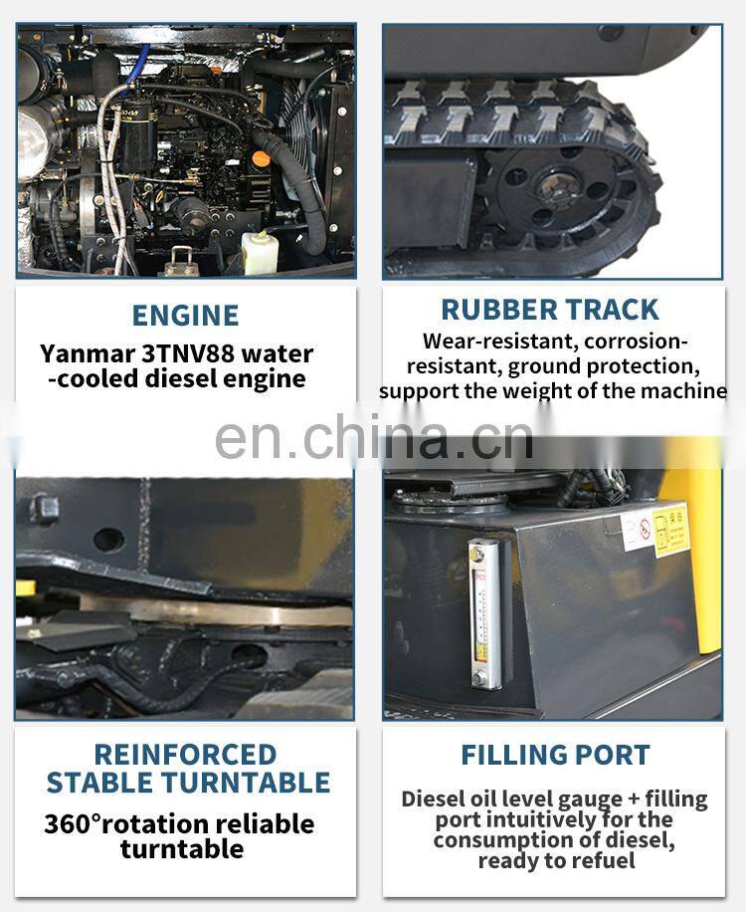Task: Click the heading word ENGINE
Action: [185, 316]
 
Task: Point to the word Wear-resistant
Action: [499, 341]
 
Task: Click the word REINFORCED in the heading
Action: [185, 755]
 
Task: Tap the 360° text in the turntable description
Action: [73, 824]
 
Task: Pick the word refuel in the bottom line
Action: [606, 860]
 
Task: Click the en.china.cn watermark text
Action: [374, 438]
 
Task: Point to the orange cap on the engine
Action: [261, 158]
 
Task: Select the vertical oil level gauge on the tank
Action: [484, 613]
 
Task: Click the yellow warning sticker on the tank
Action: [671, 531]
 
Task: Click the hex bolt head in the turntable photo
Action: [44, 509]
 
